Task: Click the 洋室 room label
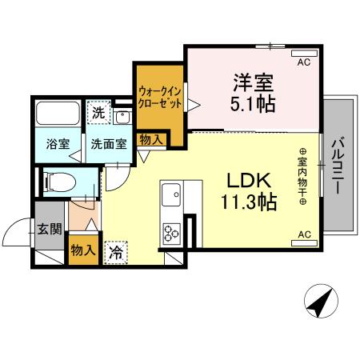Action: pyautogui.click(x=253, y=82)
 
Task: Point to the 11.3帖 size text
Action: pyautogui.click(x=250, y=201)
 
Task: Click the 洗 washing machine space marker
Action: pyautogui.click(x=98, y=113)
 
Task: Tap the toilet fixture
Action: pyautogui.click(x=61, y=182)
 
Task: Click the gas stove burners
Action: pyautogui.click(x=172, y=234)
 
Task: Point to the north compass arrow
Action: pyautogui.click(x=318, y=302)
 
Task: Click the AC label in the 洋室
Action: pyautogui.click(x=304, y=61)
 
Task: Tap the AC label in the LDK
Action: pyautogui.click(x=304, y=234)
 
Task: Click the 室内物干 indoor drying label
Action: pyautogui.click(x=304, y=175)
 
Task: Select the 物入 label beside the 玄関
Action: pyautogui.click(x=82, y=250)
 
